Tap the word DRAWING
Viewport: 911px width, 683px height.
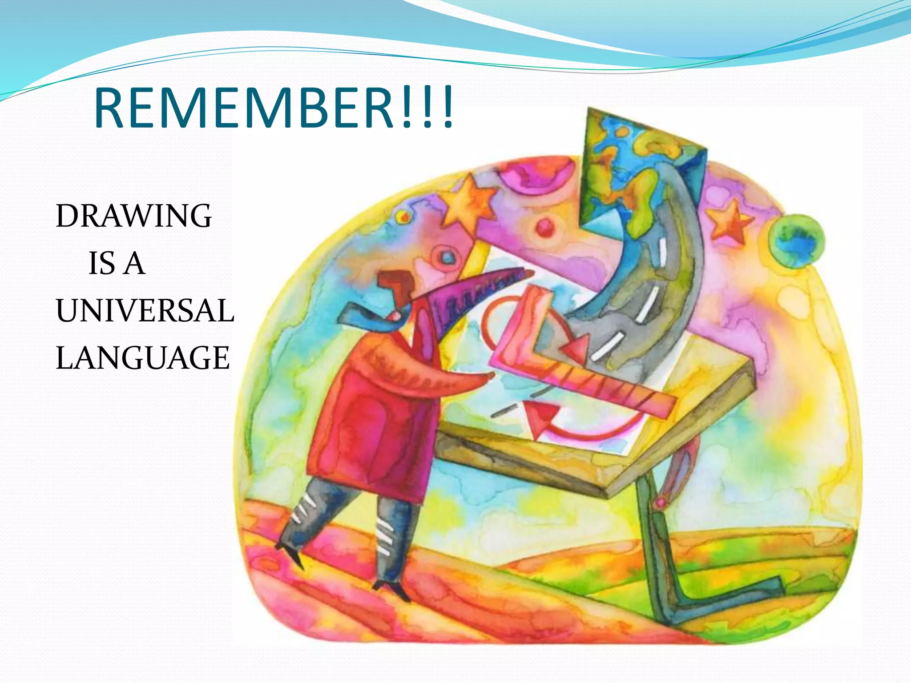pyautogui.click(x=133, y=216)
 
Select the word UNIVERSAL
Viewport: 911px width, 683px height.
pyautogui.click(x=145, y=310)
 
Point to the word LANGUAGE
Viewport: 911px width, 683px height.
pyautogui.click(x=142, y=358)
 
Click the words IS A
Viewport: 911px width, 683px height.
pyautogui.click(x=117, y=263)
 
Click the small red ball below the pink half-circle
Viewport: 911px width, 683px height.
pyautogui.click(x=544, y=228)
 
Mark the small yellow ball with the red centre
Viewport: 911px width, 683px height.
pyautogui.click(x=404, y=217)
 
